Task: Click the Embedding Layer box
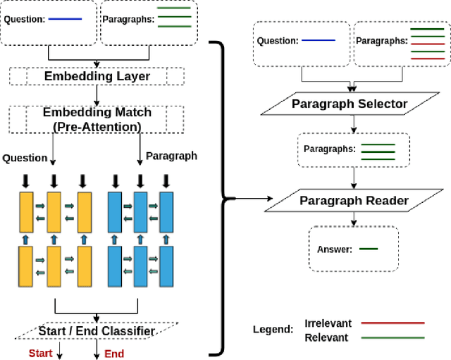click(x=97, y=75)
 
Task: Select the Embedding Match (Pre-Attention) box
click(x=97, y=119)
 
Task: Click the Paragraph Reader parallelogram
click(x=354, y=201)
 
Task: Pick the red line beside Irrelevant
click(x=393, y=323)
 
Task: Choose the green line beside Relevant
click(x=393, y=337)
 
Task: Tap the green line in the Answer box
click(x=369, y=249)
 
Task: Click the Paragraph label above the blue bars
click(x=171, y=156)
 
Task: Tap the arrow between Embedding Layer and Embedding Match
click(x=97, y=96)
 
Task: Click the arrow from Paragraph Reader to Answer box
click(x=354, y=218)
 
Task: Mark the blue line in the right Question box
click(x=318, y=41)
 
